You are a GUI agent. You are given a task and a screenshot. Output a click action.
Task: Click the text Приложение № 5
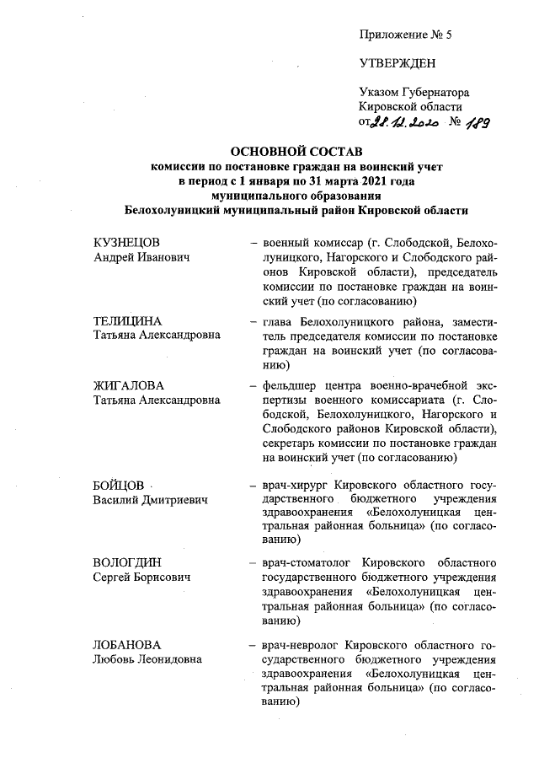pyautogui.click(x=405, y=35)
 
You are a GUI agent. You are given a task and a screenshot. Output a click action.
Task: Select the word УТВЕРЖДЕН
pyautogui.click(x=394, y=62)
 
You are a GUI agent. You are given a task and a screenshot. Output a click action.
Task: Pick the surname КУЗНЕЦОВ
pyautogui.click(x=126, y=243)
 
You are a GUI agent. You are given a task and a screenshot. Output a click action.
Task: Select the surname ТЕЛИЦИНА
pyautogui.click(x=127, y=321)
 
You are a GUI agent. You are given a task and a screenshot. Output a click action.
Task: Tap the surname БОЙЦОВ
pyautogui.click(x=119, y=486)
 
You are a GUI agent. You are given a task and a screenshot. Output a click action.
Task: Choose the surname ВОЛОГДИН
pyautogui.click(x=127, y=562)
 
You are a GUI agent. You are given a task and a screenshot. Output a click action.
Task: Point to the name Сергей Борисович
pyautogui.click(x=141, y=578)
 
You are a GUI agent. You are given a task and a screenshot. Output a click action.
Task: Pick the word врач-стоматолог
pyautogui.click(x=309, y=562)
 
